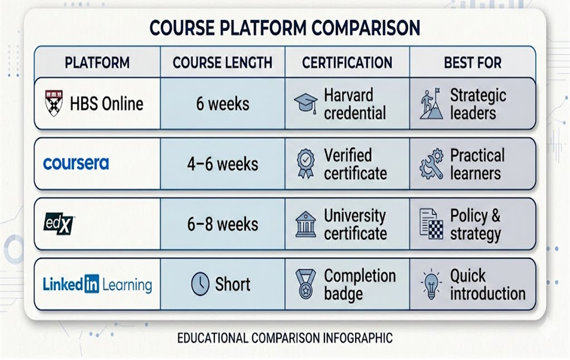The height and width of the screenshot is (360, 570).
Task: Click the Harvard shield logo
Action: (x=54, y=104)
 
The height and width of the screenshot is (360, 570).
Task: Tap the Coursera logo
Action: (x=76, y=164)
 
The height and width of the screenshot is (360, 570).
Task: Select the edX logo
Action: (x=59, y=224)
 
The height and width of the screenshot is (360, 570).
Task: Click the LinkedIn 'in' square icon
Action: (x=91, y=284)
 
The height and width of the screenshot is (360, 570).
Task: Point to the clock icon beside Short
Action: (x=200, y=284)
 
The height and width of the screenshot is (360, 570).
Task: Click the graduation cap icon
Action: (x=306, y=102)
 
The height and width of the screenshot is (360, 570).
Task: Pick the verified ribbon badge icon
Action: (x=306, y=163)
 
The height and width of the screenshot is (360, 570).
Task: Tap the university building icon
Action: (x=306, y=224)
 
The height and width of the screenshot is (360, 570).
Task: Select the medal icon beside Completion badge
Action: (x=306, y=284)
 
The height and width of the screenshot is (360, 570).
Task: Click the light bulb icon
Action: (x=431, y=284)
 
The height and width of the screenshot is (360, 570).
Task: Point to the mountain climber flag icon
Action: (x=432, y=104)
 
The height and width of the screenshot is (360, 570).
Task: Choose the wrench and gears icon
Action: (x=432, y=164)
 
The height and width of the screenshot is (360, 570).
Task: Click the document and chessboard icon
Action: (x=432, y=224)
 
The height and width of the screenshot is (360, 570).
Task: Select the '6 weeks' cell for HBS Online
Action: (x=223, y=104)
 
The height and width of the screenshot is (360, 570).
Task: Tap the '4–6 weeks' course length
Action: (x=223, y=164)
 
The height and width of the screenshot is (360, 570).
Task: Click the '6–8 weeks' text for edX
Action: (x=223, y=224)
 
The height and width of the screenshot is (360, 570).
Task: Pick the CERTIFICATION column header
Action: (x=347, y=63)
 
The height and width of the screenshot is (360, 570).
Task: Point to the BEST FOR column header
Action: (x=473, y=63)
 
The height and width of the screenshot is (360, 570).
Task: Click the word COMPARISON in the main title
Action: (x=366, y=27)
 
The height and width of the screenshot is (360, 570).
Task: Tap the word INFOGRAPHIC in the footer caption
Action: (x=358, y=338)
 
